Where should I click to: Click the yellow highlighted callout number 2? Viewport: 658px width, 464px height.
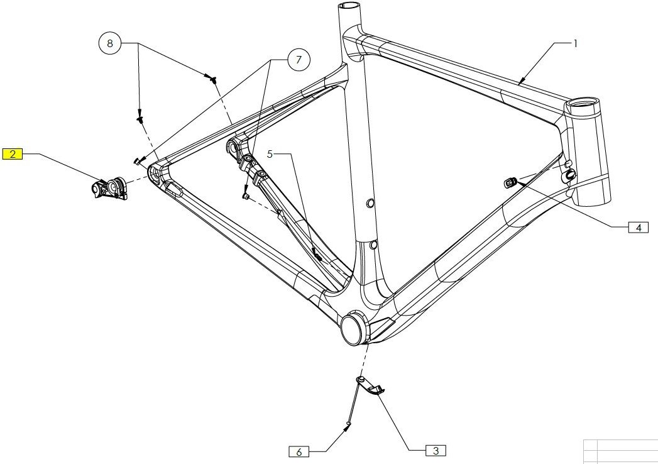[x=13, y=153]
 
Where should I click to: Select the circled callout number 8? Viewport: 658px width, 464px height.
[x=110, y=43]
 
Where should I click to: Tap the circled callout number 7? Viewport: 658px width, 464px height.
[x=299, y=60]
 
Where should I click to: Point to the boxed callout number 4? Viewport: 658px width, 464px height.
[x=638, y=228]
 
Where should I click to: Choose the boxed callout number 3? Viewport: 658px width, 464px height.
[x=436, y=450]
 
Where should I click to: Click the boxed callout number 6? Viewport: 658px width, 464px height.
[x=299, y=451]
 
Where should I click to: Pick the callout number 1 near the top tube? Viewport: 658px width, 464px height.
[x=574, y=43]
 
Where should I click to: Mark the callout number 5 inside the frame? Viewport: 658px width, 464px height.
[x=270, y=154]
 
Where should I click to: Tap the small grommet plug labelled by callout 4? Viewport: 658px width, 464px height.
[x=510, y=182]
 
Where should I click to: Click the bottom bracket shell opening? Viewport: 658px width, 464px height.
[x=354, y=328]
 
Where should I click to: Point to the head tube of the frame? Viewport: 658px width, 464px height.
[x=587, y=151]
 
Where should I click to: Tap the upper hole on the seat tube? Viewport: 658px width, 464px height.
[x=370, y=202]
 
